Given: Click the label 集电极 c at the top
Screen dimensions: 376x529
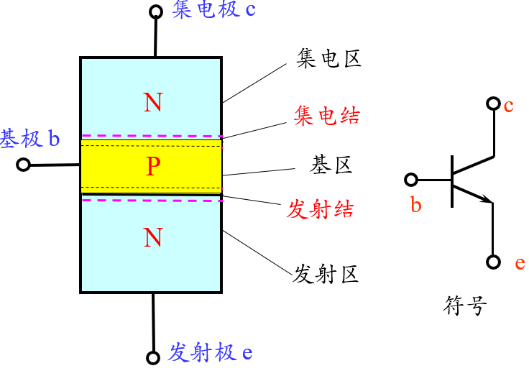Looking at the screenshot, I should point(213,11).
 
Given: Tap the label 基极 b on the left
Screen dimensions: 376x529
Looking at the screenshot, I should point(30,138).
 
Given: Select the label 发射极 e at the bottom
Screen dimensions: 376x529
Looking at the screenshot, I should point(210,352).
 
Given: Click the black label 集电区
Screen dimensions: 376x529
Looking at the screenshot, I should point(328,58).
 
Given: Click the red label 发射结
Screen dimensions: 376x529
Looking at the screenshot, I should point(320,210).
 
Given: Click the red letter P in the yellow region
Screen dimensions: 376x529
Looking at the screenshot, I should point(152,167).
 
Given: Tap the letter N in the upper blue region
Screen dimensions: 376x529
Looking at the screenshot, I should point(152,104).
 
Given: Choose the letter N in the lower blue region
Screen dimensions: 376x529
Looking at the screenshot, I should point(152,237).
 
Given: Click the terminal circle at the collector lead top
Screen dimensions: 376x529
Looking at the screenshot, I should point(155,12).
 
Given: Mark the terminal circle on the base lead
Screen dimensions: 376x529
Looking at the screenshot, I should point(23,165).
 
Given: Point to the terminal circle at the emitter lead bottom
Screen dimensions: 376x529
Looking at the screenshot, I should point(152,357).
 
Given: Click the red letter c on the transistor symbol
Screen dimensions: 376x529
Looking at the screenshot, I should point(508,106).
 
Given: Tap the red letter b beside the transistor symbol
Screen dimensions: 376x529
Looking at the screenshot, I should point(415,206).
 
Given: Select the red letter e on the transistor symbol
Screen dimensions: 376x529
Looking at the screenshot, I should point(520,263).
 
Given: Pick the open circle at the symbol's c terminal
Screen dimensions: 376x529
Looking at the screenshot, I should point(492,104).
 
